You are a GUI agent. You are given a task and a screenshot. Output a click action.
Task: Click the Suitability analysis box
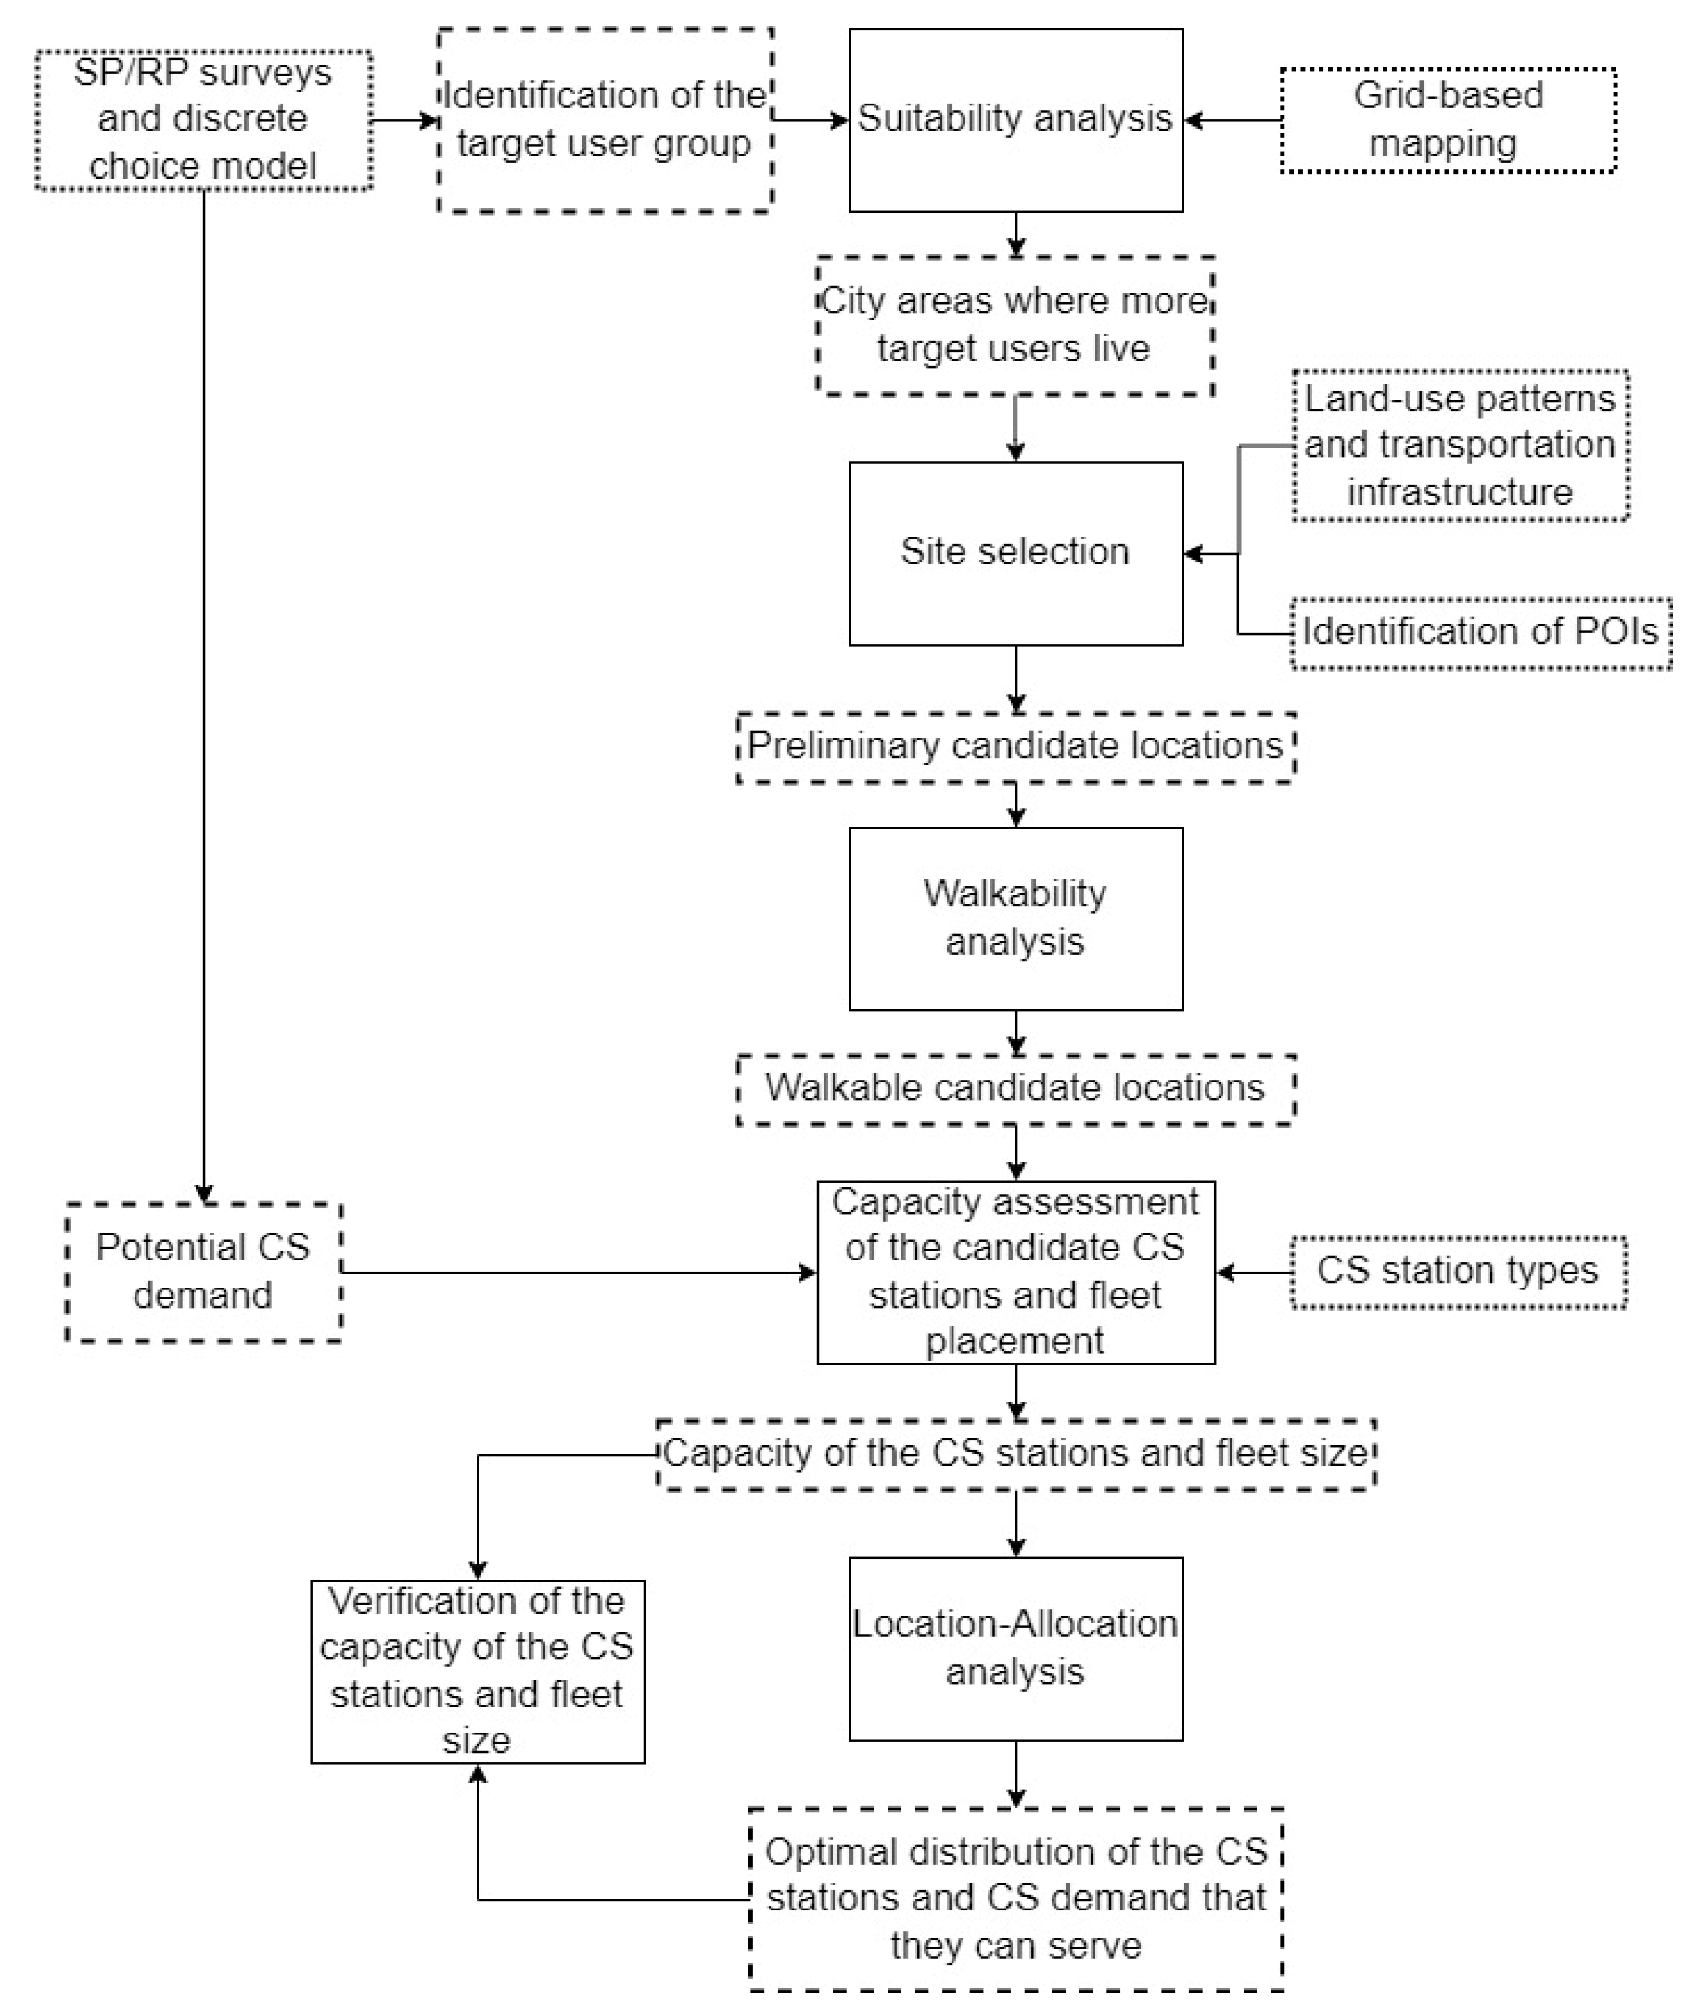point(1015,120)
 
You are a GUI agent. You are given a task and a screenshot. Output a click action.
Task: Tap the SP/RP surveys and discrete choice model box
point(203,120)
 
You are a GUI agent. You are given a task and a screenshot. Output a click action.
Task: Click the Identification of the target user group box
point(605,120)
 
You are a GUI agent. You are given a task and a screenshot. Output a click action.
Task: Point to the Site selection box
point(1015,553)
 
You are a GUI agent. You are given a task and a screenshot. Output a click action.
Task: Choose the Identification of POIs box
point(1480,632)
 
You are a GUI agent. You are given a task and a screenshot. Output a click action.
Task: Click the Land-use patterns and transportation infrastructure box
point(1459,445)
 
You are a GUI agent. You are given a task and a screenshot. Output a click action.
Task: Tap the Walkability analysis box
point(1015,918)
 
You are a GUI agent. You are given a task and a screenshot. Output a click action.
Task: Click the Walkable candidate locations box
point(1015,1088)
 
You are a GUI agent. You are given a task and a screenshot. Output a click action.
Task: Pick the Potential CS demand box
point(203,1272)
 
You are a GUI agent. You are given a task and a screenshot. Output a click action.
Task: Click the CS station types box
point(1457,1272)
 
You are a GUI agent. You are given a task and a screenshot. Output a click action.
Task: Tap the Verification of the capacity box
point(477,1671)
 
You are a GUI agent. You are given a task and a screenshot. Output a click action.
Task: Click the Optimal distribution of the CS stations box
point(1015,1899)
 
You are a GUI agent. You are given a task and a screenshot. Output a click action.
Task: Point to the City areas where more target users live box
point(1015,325)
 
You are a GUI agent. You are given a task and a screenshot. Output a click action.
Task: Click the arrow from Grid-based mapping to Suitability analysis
point(1232,121)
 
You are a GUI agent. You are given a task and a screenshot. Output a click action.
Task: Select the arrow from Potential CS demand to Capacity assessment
point(576,1272)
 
